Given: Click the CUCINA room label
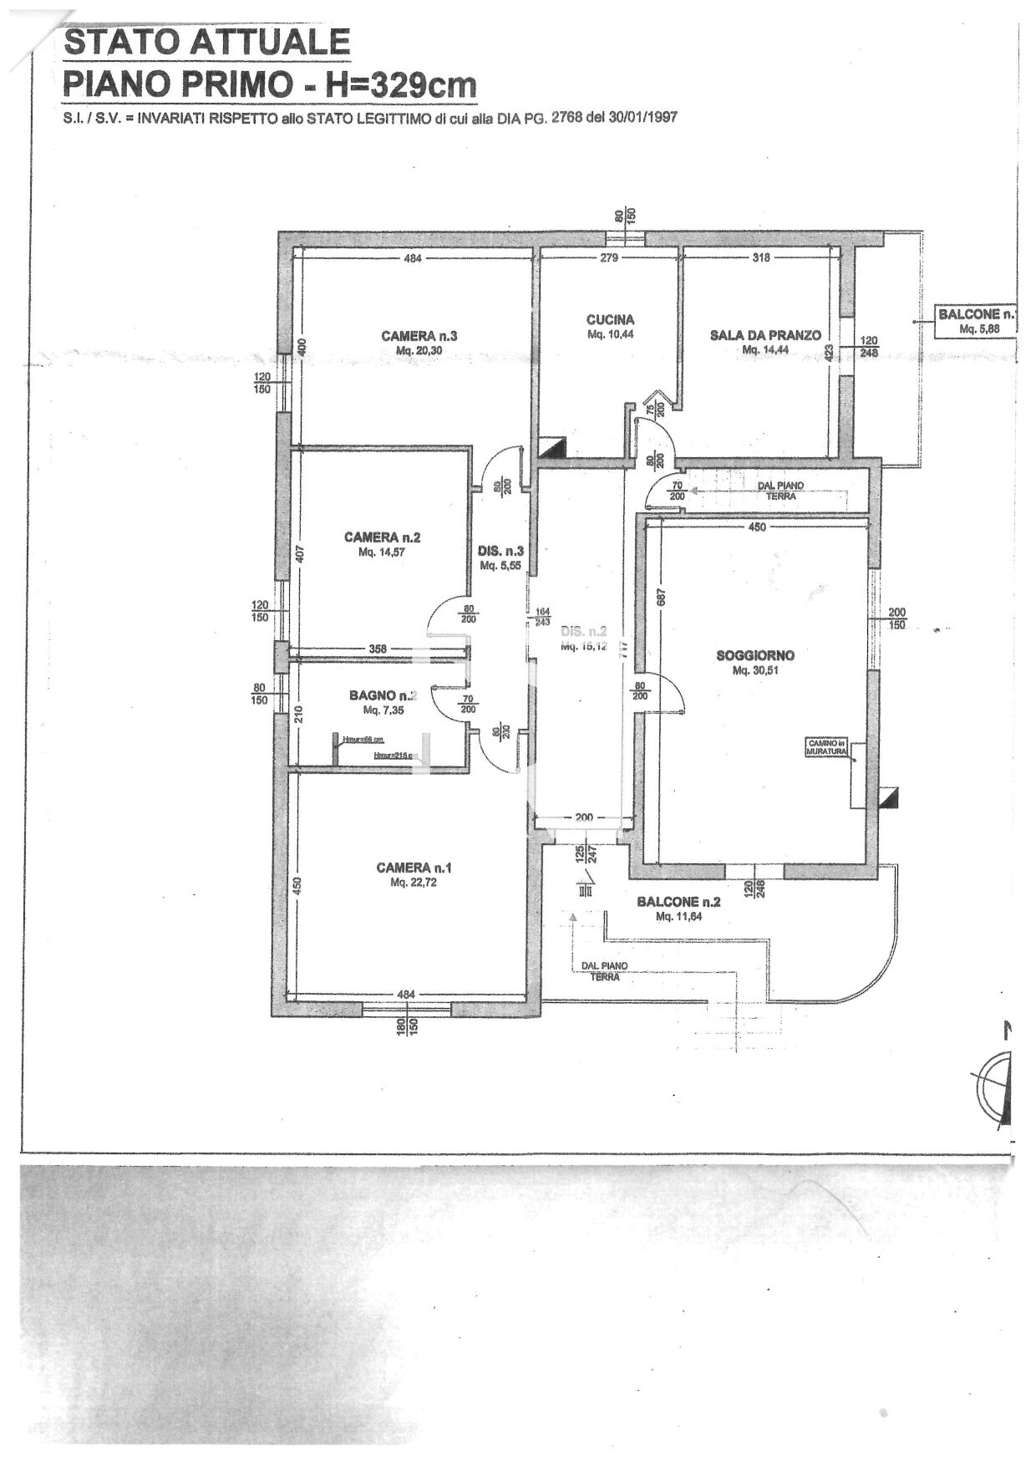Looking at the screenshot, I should click(x=610, y=319).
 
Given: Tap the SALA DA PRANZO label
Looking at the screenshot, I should click(x=765, y=335).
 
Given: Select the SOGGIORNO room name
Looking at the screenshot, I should click(x=755, y=656).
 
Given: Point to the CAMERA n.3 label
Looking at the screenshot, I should click(x=419, y=336).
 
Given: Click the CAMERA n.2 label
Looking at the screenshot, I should click(x=382, y=537).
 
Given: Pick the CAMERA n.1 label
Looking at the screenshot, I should click(x=414, y=868).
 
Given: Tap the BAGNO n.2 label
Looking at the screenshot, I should click(x=383, y=695).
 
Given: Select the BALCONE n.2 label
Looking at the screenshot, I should click(x=678, y=902).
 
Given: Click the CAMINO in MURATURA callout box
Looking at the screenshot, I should click(x=826, y=747).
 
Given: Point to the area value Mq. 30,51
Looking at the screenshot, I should click(x=755, y=670).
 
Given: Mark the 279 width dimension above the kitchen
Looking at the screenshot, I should click(x=609, y=258).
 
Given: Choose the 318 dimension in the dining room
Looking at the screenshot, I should click(x=760, y=258).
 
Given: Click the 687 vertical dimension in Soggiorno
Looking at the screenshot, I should click(x=661, y=598).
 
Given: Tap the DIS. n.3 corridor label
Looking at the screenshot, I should click(x=500, y=552).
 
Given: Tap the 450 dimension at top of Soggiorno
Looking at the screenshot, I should click(x=756, y=527).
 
